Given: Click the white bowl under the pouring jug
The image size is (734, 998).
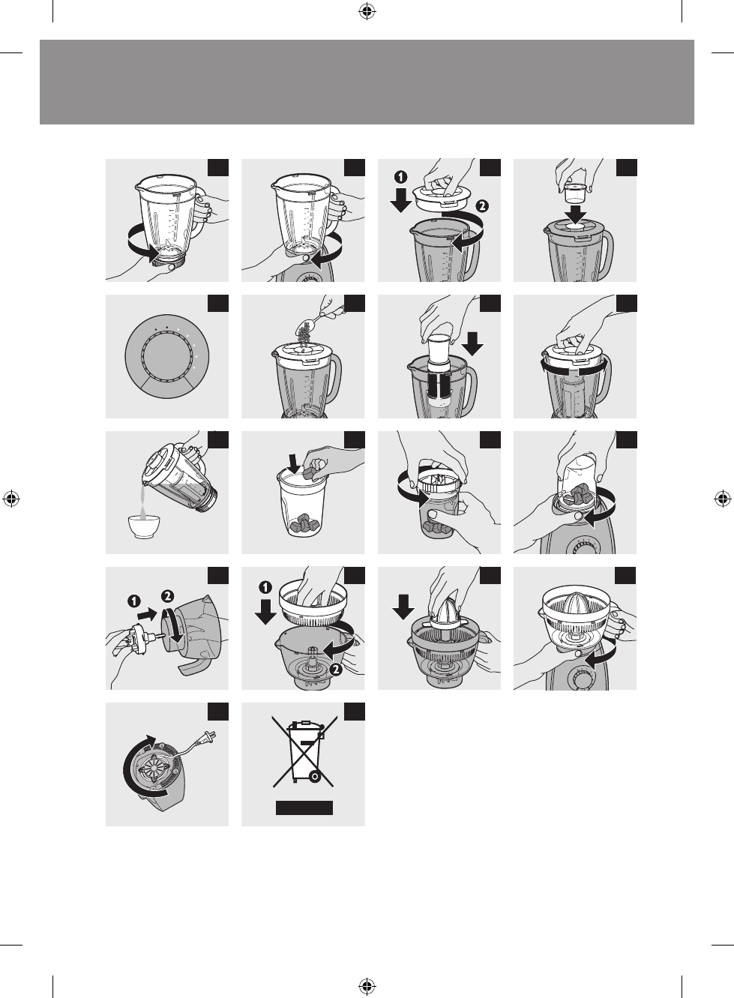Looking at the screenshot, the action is tap(143, 526).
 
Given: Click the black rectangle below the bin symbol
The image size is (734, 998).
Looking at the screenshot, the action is tap(304, 808).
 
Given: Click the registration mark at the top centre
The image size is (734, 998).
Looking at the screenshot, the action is tap(367, 12).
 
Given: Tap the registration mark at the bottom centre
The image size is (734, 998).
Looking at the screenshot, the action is tap(367, 985).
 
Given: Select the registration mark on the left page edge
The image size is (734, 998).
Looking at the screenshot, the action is tap(11, 499).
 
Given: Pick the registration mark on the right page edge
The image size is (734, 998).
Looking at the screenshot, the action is tap(723, 499).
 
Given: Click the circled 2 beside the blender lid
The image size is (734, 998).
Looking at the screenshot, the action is tap(482, 206).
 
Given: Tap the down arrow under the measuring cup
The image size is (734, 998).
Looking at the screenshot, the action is tap(577, 214).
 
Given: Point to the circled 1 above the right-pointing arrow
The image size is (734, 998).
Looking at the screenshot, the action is tap(134, 601).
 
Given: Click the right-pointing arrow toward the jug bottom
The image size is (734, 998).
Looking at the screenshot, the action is tap(148, 616).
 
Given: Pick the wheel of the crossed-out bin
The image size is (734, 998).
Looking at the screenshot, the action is tap(315, 777).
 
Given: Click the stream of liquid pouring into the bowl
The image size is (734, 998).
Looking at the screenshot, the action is tap(143, 502).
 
